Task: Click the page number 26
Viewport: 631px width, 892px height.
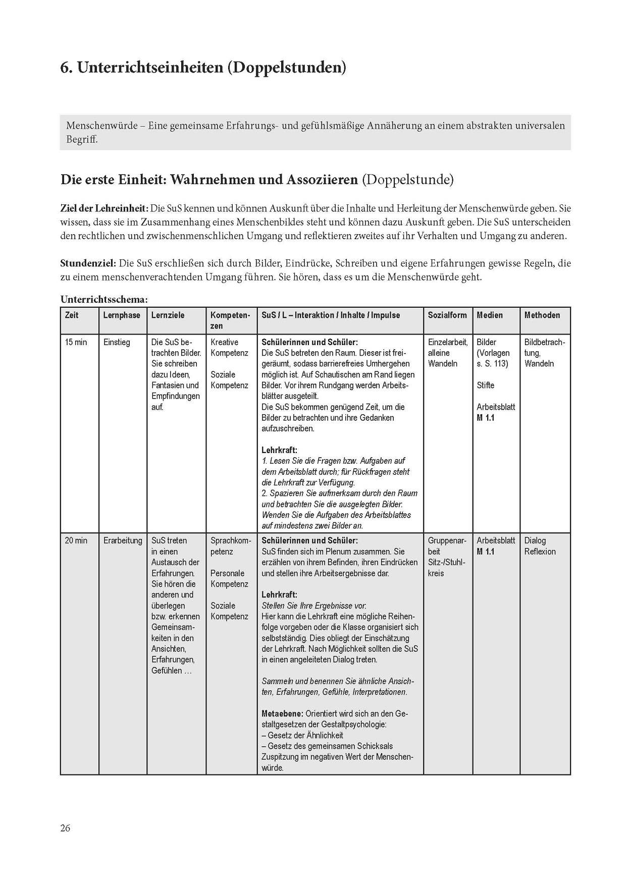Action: [66, 828]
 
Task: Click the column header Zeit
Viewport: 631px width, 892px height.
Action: [72, 315]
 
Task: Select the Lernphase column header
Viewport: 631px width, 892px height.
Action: [122, 315]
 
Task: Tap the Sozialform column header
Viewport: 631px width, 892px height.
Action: [447, 315]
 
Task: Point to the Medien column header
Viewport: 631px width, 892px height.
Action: [490, 315]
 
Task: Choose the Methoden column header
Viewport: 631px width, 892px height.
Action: [542, 315]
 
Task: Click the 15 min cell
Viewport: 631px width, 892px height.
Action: [76, 342]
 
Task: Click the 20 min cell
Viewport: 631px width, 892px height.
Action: [76, 540]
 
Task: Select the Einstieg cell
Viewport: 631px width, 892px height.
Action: [117, 342]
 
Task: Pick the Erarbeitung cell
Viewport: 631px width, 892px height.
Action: [123, 540]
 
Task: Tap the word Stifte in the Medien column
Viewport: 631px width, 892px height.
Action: [486, 385]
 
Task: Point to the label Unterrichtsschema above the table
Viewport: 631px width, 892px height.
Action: [104, 300]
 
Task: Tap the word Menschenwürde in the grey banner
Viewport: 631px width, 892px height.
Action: [101, 126]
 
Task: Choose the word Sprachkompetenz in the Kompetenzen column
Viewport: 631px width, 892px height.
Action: [231, 546]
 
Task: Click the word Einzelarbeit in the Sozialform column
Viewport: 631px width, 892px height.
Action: [448, 342]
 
